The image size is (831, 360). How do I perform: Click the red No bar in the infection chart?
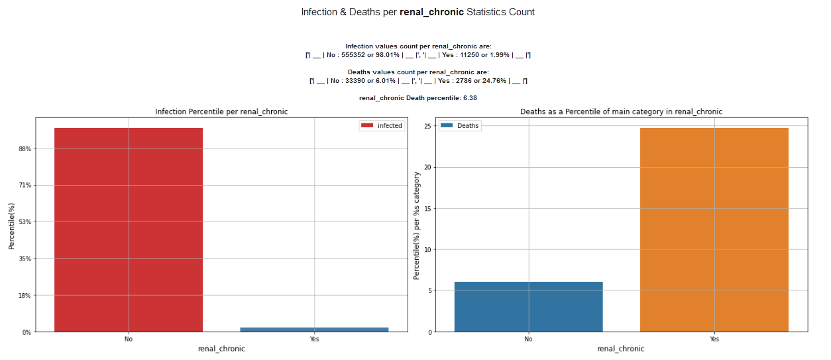click(129, 229)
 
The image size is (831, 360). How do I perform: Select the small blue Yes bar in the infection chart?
click(314, 329)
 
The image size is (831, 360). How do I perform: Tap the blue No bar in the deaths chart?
click(528, 306)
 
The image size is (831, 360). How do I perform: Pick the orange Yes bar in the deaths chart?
click(714, 229)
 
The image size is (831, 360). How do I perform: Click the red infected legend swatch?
click(366, 125)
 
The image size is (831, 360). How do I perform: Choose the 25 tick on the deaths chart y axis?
click(428, 126)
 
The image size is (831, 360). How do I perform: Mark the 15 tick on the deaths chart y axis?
click(428, 209)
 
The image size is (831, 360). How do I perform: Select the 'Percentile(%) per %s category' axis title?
click(416, 225)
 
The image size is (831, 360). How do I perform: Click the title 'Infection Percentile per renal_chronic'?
click(221, 111)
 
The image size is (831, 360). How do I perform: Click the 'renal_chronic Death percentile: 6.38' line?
click(417, 97)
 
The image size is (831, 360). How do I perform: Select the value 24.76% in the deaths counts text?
click(492, 81)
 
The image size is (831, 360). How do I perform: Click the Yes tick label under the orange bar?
click(714, 339)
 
